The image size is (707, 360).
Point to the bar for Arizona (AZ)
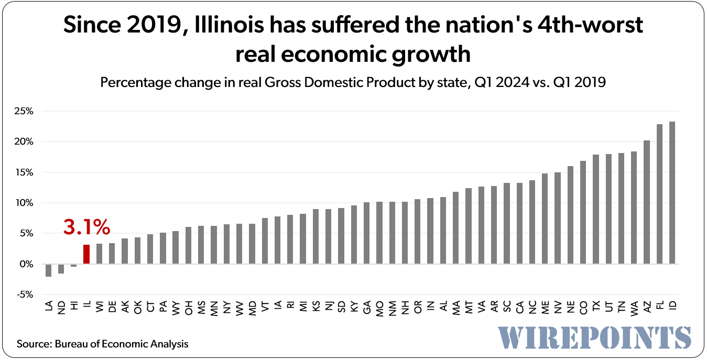pyautogui.click(x=647, y=202)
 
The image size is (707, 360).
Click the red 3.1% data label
pyautogui.click(x=86, y=227)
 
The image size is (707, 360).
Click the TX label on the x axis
pyautogui.click(x=596, y=308)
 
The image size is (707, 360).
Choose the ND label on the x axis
pyautogui.click(x=61, y=308)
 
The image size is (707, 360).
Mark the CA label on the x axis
pyautogui.click(x=519, y=308)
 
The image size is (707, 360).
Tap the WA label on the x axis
pyautogui.click(x=634, y=308)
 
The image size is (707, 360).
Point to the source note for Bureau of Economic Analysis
pyautogui.click(x=102, y=344)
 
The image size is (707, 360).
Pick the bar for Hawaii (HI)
pyautogui.click(x=74, y=266)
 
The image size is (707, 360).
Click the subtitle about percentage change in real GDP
pyautogui.click(x=353, y=82)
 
